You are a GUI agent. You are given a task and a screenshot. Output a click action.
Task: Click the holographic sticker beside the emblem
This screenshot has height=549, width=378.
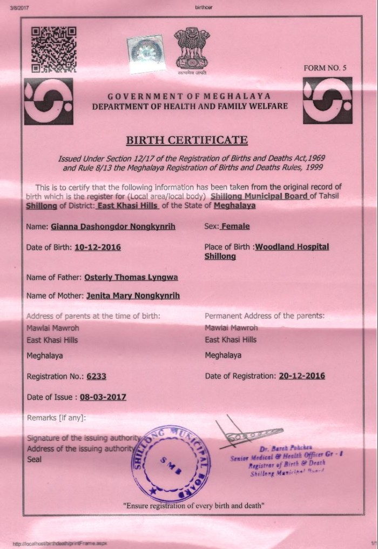pos(144,50)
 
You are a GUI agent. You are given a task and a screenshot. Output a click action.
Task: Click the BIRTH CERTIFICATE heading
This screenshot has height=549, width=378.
pos(186,140)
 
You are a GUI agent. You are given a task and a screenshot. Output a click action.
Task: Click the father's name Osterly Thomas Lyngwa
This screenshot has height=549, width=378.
pos(131,277)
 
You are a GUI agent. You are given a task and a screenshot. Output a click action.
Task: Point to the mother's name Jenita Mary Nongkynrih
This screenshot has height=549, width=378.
pos(133,296)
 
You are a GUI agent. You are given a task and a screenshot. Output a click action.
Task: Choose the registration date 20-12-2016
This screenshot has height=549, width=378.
pos(302,376)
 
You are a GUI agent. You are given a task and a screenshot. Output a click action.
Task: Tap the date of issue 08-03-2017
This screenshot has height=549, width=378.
pos(103,397)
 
